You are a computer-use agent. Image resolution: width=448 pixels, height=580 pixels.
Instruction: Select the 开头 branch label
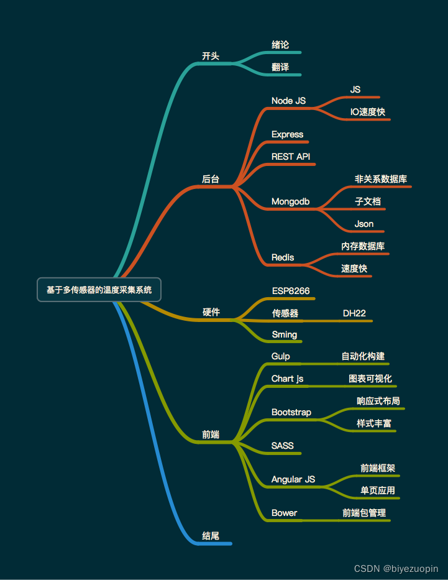click(211, 56)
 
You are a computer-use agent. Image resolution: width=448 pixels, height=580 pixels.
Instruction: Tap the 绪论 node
click(280, 45)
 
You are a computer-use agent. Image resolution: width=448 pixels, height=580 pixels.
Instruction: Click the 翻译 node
click(280, 67)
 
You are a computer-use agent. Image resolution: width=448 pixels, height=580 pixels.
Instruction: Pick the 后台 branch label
click(211, 179)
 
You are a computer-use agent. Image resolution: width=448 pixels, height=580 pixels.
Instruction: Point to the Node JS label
click(288, 101)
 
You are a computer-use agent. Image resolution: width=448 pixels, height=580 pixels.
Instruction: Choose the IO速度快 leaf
click(367, 112)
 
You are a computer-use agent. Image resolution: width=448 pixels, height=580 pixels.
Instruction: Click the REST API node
click(291, 157)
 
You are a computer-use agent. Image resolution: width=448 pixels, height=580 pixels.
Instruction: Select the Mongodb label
click(290, 202)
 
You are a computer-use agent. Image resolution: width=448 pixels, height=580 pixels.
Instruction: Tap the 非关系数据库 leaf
click(381, 179)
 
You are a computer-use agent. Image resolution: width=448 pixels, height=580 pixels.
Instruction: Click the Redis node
click(283, 257)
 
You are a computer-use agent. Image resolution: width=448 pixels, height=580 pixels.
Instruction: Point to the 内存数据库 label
click(363, 246)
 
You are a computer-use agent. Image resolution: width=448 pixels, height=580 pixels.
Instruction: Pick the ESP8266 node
click(291, 291)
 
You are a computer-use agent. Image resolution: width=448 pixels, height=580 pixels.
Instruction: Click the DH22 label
click(354, 313)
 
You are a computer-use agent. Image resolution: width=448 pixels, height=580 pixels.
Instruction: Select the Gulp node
click(281, 356)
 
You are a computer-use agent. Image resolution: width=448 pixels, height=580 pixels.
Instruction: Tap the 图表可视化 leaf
click(370, 379)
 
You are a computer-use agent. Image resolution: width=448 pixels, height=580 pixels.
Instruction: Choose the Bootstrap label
click(291, 412)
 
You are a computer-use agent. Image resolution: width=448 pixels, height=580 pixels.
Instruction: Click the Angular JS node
click(293, 479)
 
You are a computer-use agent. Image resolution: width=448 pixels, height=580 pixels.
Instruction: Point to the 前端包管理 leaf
click(364, 513)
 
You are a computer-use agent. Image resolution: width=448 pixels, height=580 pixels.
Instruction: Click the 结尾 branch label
click(211, 536)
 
